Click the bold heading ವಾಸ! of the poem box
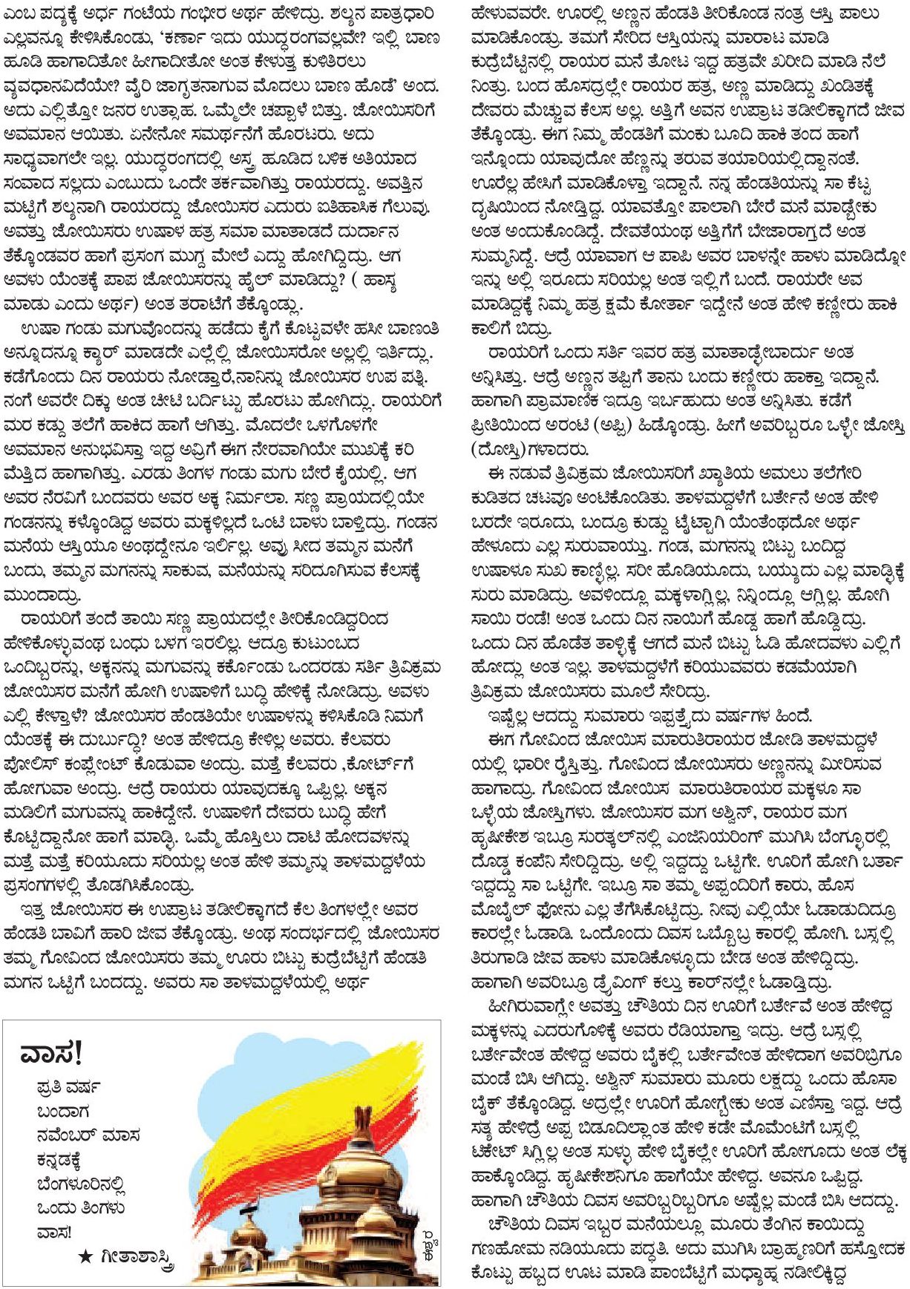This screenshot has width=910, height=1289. [x=52, y=1052]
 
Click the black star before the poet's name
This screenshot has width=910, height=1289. [x=86, y=1256]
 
